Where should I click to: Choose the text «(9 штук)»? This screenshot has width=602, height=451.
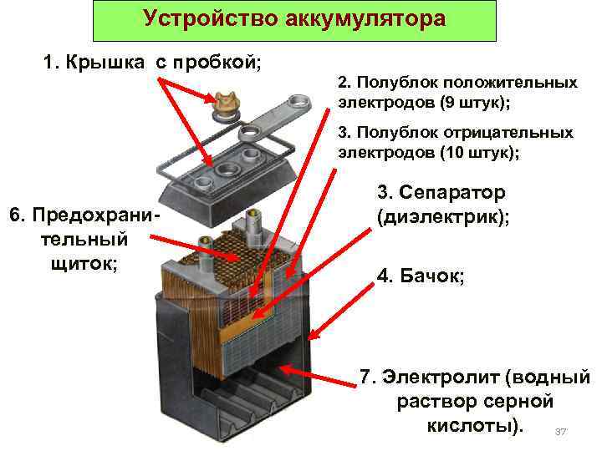pos(468,102)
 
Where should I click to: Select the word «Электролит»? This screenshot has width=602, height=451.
pos(442,377)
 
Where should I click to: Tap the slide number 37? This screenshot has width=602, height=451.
pos(561,432)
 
